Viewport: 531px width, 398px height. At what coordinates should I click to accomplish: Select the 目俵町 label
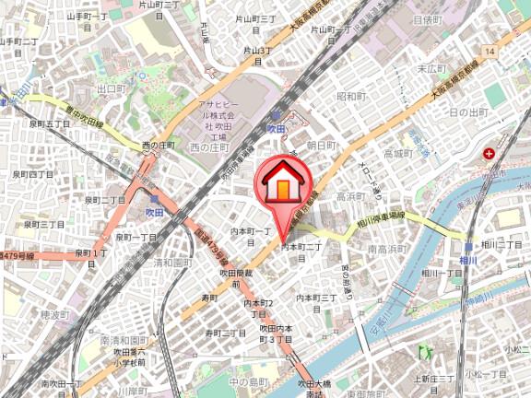[x=429, y=18]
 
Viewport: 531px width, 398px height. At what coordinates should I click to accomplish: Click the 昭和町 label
[x=351, y=96]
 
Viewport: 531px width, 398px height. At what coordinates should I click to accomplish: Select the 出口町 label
[x=110, y=88]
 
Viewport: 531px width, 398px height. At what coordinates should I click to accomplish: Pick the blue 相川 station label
[x=469, y=262]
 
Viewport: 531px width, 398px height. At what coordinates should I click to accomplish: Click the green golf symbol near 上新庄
[x=424, y=352]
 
